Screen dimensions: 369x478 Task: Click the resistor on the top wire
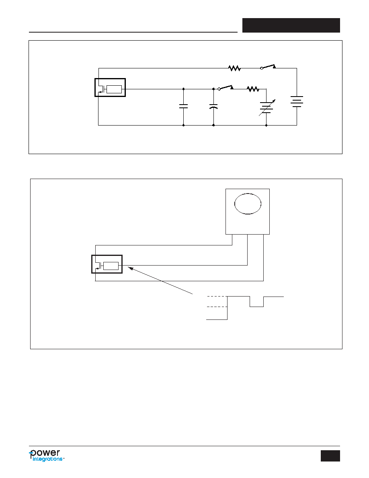pyautogui.click(x=234, y=68)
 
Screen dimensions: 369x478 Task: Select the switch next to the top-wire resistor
pyautogui.click(x=268, y=67)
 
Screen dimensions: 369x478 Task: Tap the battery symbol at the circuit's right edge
pyautogui.click(x=297, y=101)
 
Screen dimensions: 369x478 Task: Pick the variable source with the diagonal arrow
pyautogui.click(x=266, y=107)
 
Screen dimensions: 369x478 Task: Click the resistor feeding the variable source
pyautogui.click(x=253, y=89)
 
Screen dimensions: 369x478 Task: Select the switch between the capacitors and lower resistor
pyautogui.click(x=225, y=88)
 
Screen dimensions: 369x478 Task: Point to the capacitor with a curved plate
pyautogui.click(x=213, y=106)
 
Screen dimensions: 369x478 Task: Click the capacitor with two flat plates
pyautogui.click(x=183, y=106)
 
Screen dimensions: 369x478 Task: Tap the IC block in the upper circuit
pyautogui.click(x=110, y=87)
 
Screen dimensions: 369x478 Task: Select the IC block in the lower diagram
pyautogui.click(x=107, y=264)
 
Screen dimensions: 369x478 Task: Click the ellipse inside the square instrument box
pyautogui.click(x=248, y=204)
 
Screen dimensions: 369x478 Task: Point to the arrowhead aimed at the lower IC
pyautogui.click(x=130, y=268)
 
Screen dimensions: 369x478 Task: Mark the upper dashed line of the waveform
pyautogui.click(x=217, y=296)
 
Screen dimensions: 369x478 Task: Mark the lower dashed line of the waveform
pyautogui.click(x=217, y=307)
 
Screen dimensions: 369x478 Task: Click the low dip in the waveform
pyautogui.click(x=257, y=307)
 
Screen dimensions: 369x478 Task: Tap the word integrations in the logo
pyautogui.click(x=47, y=459)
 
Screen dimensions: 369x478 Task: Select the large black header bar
pyautogui.click(x=291, y=25)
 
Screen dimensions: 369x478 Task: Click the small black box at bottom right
pyautogui.click(x=330, y=456)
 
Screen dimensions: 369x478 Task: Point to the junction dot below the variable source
pyautogui.click(x=266, y=125)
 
